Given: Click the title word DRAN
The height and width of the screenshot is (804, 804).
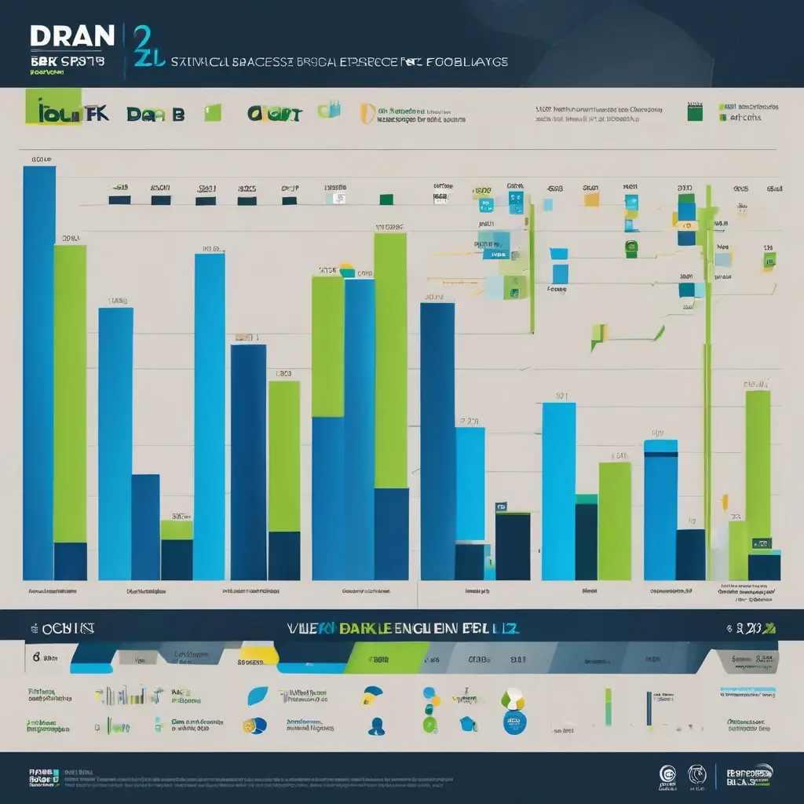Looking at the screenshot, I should pyautogui.click(x=71, y=36).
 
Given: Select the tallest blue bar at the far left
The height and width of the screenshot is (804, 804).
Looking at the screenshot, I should pyautogui.click(x=38, y=369).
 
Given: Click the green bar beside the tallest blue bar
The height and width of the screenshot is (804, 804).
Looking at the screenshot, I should pyautogui.click(x=70, y=393).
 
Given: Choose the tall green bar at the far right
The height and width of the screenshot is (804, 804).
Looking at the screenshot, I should pyautogui.click(x=758, y=463).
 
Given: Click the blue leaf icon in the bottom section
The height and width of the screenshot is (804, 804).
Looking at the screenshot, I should pyautogui.click(x=258, y=696).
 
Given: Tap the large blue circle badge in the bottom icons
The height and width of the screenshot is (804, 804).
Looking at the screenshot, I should pyautogui.click(x=514, y=722).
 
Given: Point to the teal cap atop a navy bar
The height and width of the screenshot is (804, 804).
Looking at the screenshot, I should pyautogui.click(x=586, y=499).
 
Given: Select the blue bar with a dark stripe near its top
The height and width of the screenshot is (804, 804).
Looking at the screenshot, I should pyautogui.click(x=660, y=510).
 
